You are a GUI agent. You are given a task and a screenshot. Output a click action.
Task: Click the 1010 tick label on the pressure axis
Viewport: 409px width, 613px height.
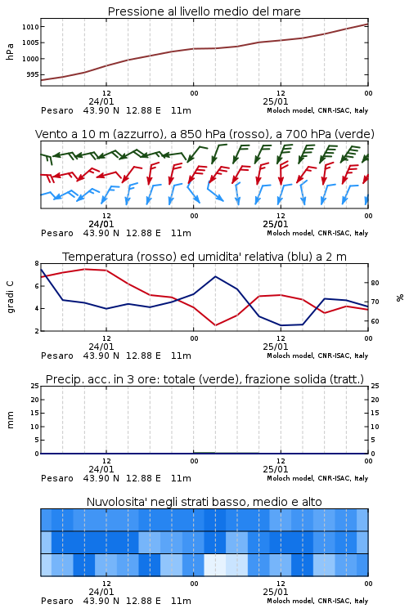point(30,27)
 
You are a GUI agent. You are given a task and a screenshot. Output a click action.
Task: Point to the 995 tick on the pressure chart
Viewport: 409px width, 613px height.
point(33,74)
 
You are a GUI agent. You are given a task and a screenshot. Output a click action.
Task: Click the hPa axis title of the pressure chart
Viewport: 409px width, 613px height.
point(10,52)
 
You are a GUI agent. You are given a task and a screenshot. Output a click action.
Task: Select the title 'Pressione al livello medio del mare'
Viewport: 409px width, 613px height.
point(204,11)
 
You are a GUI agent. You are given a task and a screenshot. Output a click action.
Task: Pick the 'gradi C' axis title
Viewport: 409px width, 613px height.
point(10,297)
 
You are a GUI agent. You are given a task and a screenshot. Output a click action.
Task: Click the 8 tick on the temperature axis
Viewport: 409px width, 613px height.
point(37,263)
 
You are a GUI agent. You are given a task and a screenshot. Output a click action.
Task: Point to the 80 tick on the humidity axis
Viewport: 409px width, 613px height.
point(375,283)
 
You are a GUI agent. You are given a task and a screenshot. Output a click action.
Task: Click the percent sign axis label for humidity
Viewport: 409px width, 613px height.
point(400,298)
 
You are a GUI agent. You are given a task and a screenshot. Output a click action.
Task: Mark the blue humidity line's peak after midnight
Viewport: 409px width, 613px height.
point(216,276)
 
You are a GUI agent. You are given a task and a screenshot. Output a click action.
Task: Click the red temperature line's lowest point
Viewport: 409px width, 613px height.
point(216,325)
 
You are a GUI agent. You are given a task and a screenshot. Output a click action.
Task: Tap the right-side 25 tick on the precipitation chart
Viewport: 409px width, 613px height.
point(375,386)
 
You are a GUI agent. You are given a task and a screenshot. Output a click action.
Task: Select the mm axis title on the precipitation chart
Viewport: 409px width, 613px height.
point(10,420)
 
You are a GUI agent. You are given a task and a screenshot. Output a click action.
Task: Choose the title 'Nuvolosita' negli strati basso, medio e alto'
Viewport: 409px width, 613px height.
point(204,502)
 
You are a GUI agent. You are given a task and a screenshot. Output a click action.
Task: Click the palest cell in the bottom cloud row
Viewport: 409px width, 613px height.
point(215,565)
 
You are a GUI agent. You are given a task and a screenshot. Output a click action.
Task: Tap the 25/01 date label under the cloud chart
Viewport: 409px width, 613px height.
point(276,592)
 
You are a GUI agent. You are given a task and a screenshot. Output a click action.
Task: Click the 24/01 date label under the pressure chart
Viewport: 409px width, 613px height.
point(101,101)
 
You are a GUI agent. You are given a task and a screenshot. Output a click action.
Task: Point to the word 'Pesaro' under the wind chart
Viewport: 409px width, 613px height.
point(57,234)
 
